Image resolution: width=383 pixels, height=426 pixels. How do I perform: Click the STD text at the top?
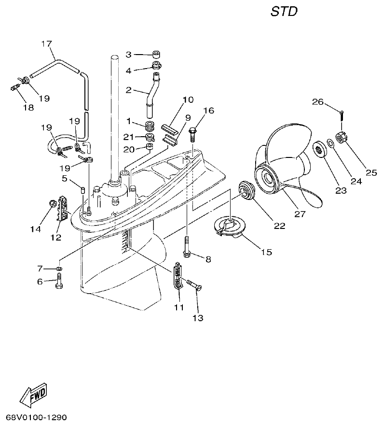click(284, 12)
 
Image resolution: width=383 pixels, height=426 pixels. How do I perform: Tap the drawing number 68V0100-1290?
click(37, 416)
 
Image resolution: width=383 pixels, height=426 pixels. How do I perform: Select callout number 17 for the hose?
click(46, 44)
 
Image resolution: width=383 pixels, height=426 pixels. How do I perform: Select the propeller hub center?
click(269, 178)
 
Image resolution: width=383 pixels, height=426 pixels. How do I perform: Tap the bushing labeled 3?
click(156, 54)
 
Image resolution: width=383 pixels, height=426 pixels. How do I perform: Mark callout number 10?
click(188, 100)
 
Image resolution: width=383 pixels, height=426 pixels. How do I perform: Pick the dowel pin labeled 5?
click(82, 188)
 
